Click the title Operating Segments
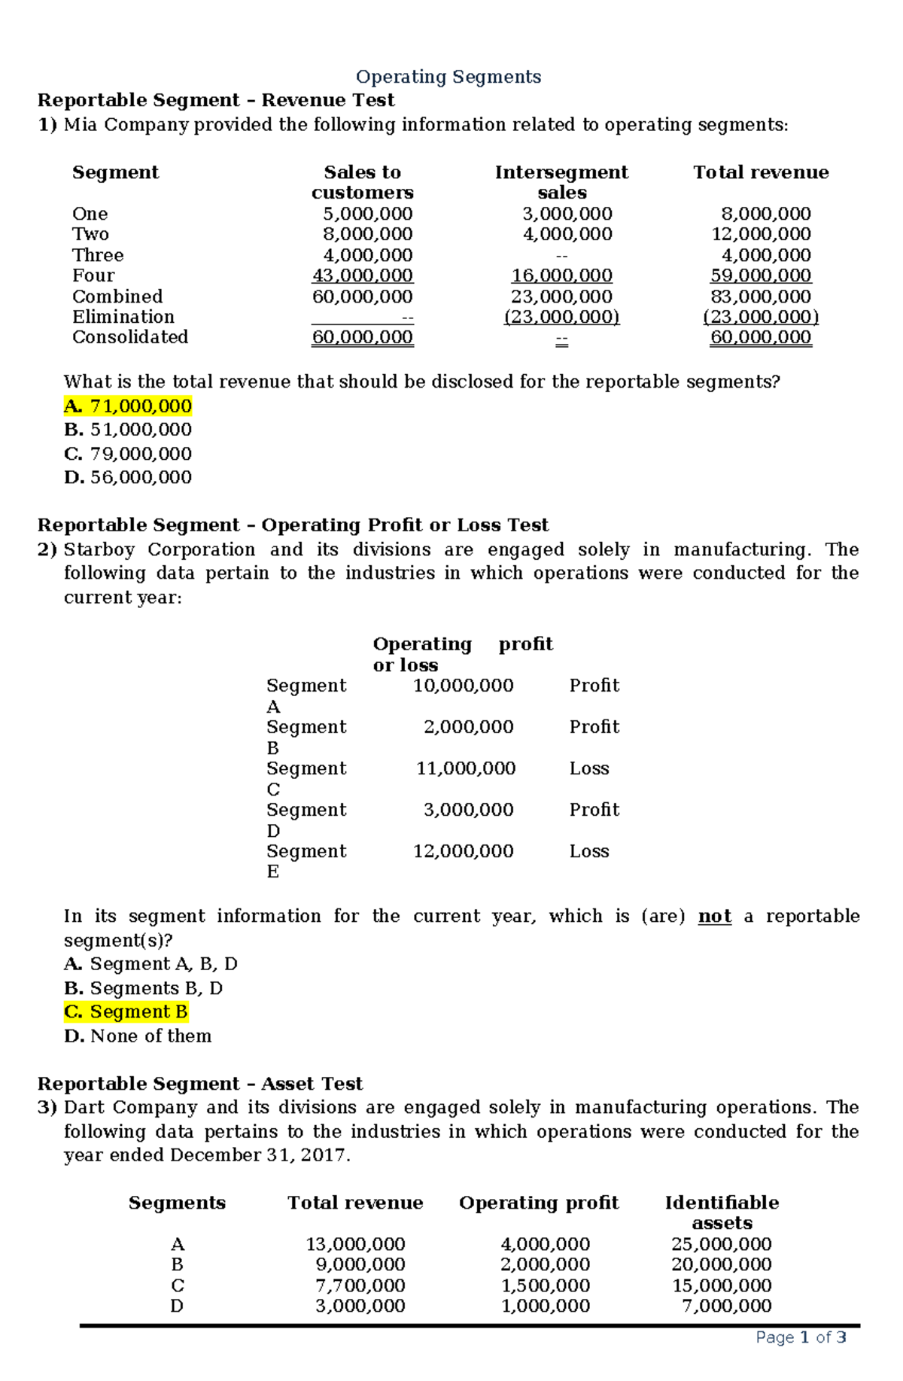(x=448, y=77)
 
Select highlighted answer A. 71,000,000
(x=128, y=406)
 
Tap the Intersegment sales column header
(x=561, y=182)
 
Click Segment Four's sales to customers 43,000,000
(x=362, y=275)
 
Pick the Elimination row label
(x=123, y=317)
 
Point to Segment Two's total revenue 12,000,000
(x=761, y=234)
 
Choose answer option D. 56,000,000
(x=128, y=477)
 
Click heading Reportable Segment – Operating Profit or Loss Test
(x=293, y=525)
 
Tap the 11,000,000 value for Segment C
(x=466, y=768)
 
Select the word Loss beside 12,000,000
(x=589, y=851)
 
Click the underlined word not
(x=714, y=916)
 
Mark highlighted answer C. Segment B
(x=126, y=1011)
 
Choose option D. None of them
(x=138, y=1036)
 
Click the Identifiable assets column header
(x=722, y=1212)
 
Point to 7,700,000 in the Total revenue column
(x=360, y=1285)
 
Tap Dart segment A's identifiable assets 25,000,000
(x=721, y=1244)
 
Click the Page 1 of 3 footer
(x=801, y=1337)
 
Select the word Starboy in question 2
(x=99, y=549)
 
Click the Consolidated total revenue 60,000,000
(x=761, y=337)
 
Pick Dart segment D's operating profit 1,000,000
(x=545, y=1306)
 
